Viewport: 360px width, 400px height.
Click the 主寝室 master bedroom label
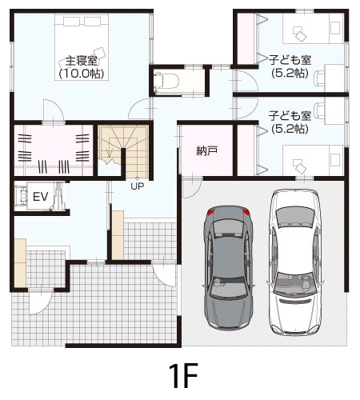[x=81, y=61]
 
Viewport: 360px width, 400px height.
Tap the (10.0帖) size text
[x=81, y=74]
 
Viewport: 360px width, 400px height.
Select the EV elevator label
[x=40, y=197]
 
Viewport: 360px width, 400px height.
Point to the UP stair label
[x=138, y=186]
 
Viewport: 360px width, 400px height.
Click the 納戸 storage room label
[x=206, y=151]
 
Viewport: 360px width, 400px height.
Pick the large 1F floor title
[x=183, y=375]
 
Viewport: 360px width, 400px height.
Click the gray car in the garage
[x=228, y=267]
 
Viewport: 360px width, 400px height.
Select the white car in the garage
[x=294, y=262]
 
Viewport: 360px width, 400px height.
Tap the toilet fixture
[x=166, y=80]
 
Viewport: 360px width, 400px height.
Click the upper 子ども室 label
[x=290, y=60]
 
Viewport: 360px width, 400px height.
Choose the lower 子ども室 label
[x=290, y=116]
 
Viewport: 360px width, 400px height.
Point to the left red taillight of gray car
[x=210, y=212]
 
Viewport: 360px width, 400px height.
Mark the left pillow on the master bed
[x=71, y=22]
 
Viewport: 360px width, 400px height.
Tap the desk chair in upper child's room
[x=319, y=78]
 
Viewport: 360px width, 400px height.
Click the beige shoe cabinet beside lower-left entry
[x=20, y=263]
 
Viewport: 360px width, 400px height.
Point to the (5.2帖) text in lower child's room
[x=290, y=129]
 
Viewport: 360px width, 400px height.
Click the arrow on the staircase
[x=109, y=153]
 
